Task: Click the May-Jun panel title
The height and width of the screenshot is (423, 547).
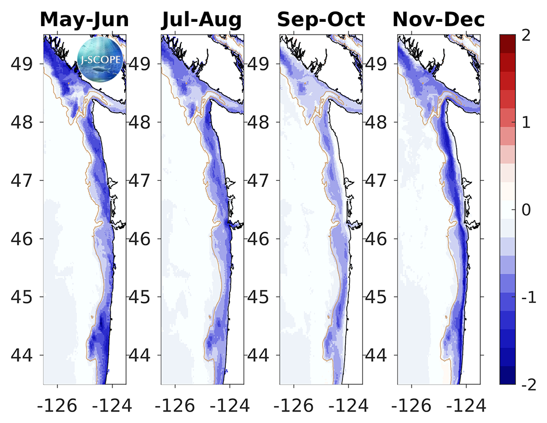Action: coord(84,20)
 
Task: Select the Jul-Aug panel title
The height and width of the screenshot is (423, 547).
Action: coord(202,20)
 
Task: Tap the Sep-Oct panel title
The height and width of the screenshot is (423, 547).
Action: coord(321,20)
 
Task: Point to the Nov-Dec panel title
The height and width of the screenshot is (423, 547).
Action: coord(439,20)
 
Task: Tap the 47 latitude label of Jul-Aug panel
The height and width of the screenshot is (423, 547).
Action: coord(143,180)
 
